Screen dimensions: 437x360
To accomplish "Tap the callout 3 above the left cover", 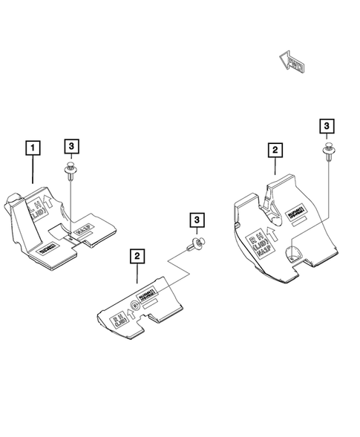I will (x=71, y=147).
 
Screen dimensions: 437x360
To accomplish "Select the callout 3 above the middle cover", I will (x=197, y=220).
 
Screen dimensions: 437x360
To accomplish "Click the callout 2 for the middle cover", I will (x=137, y=256).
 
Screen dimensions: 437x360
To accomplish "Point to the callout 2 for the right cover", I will (x=275, y=151).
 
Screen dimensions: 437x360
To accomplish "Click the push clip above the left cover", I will (x=70, y=172).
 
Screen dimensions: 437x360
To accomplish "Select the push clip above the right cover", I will (x=327, y=152).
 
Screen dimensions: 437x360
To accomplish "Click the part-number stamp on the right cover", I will (x=296, y=208).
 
